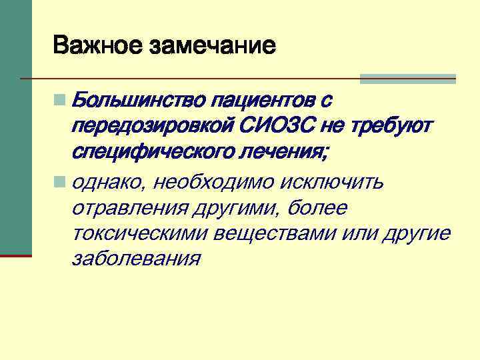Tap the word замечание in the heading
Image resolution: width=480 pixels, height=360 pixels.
point(214,45)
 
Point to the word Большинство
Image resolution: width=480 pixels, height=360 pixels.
point(137,101)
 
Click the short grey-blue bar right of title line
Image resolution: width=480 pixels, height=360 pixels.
point(407,79)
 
